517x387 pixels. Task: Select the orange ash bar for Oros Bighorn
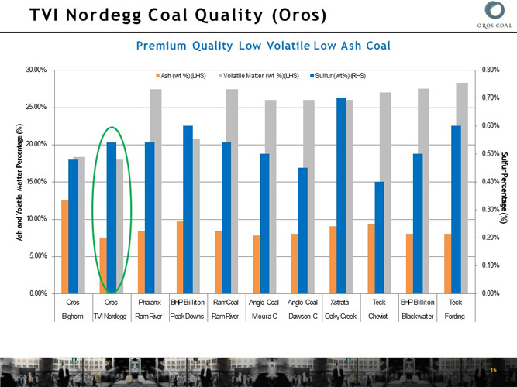point(65,246)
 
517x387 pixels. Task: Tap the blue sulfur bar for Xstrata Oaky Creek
point(341,195)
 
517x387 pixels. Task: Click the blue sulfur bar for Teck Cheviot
point(379,237)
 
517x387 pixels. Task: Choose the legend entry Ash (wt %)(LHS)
point(180,76)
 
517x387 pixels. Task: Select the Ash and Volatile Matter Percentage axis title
point(18,182)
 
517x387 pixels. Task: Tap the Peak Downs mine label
point(186,316)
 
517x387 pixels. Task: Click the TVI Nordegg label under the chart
point(111,316)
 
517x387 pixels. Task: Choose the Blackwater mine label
point(417,316)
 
